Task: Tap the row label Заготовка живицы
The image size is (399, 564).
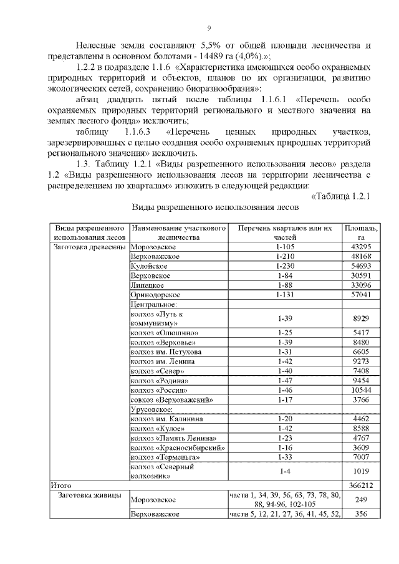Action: (89, 495)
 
